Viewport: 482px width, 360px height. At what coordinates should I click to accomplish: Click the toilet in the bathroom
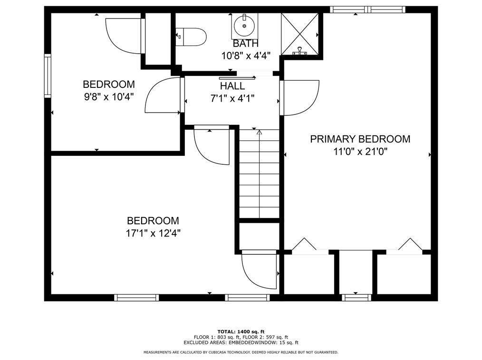192,36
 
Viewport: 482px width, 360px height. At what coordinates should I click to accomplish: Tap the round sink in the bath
245,26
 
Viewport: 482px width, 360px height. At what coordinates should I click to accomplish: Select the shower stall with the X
299,33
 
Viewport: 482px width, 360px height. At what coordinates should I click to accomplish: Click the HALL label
232,86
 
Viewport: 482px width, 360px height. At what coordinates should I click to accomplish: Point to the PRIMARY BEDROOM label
360,139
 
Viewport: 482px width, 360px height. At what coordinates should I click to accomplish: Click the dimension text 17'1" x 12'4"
153,234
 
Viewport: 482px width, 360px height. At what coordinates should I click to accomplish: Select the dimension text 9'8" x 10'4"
108,97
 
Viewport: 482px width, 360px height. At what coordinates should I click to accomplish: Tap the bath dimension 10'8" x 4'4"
246,56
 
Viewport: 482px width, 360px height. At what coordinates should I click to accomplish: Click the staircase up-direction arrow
259,133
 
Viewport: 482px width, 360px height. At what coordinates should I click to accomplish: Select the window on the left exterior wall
48,76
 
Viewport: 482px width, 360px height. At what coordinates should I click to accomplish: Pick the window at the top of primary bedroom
367,9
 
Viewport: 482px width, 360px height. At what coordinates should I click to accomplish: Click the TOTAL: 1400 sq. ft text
241,332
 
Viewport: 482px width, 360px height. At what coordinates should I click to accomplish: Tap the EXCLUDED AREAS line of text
241,342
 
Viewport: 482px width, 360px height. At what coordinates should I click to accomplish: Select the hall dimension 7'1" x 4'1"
232,99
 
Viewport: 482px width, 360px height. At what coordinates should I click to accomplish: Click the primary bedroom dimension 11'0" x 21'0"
360,152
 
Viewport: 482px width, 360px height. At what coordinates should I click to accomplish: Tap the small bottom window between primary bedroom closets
356,298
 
